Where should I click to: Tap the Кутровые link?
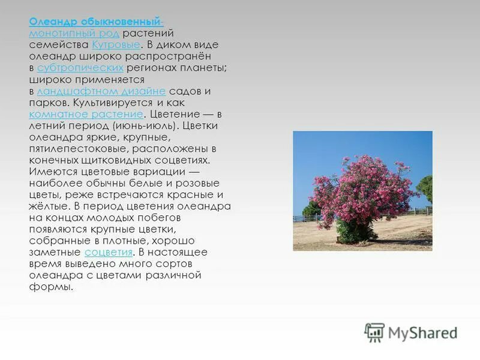116,45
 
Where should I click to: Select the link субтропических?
80,68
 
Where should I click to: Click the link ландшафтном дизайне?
101,91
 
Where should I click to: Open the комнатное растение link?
86,114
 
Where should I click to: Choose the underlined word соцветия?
109,252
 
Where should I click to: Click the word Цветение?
174,114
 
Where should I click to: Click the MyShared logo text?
422,333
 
